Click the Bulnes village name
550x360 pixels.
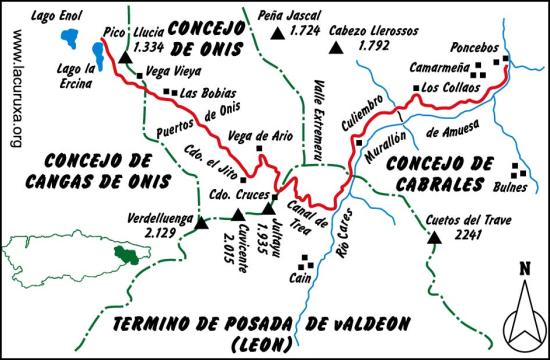512,185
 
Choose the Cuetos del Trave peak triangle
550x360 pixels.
434,238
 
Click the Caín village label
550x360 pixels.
299,281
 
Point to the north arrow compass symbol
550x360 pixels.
523,314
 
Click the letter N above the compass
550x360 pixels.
524,267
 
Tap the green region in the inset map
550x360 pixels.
126,256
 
